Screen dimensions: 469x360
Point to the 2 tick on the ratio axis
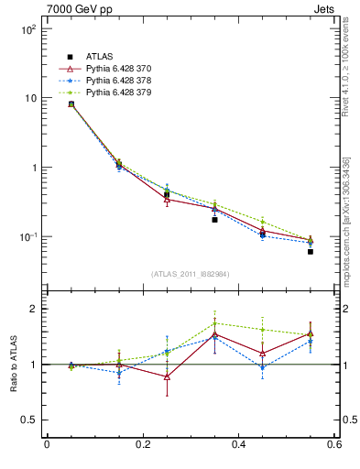(32, 310)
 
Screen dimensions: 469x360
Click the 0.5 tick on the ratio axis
(27, 420)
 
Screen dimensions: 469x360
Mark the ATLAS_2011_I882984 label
(190, 274)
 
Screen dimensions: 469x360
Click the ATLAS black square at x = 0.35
(214, 220)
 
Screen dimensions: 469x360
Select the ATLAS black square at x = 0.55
(311, 251)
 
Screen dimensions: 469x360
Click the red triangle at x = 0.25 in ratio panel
(167, 376)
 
